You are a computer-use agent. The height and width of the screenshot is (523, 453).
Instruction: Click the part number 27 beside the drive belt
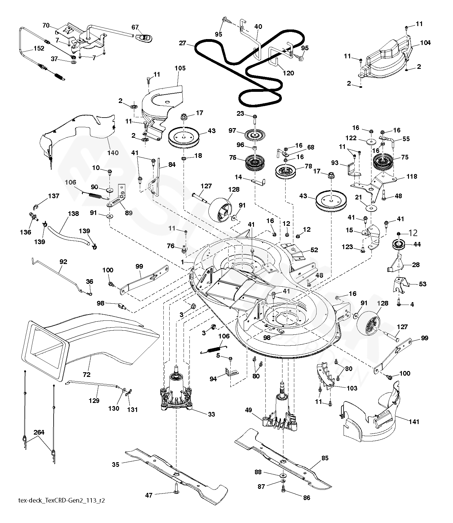pyautogui.click(x=182, y=43)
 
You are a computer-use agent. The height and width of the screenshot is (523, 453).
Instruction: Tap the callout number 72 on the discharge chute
pyautogui.click(x=87, y=374)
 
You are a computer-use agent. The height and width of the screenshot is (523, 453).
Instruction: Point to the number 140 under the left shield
pyautogui.click(x=113, y=153)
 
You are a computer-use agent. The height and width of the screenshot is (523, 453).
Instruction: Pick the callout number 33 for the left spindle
pyautogui.click(x=211, y=414)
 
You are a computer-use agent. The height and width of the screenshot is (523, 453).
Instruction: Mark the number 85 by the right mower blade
pyautogui.click(x=325, y=458)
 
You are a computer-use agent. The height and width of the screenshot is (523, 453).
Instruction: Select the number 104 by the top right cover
pyautogui.click(x=425, y=43)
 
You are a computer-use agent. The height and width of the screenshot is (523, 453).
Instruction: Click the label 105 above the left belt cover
pyautogui.click(x=180, y=68)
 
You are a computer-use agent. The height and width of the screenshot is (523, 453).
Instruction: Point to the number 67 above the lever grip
pyautogui.click(x=135, y=27)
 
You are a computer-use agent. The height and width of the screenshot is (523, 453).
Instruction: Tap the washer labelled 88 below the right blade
pyautogui.click(x=283, y=476)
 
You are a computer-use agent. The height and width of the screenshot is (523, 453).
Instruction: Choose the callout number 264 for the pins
pyautogui.click(x=39, y=432)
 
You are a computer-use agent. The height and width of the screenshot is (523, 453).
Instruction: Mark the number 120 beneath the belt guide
pyautogui.click(x=288, y=73)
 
